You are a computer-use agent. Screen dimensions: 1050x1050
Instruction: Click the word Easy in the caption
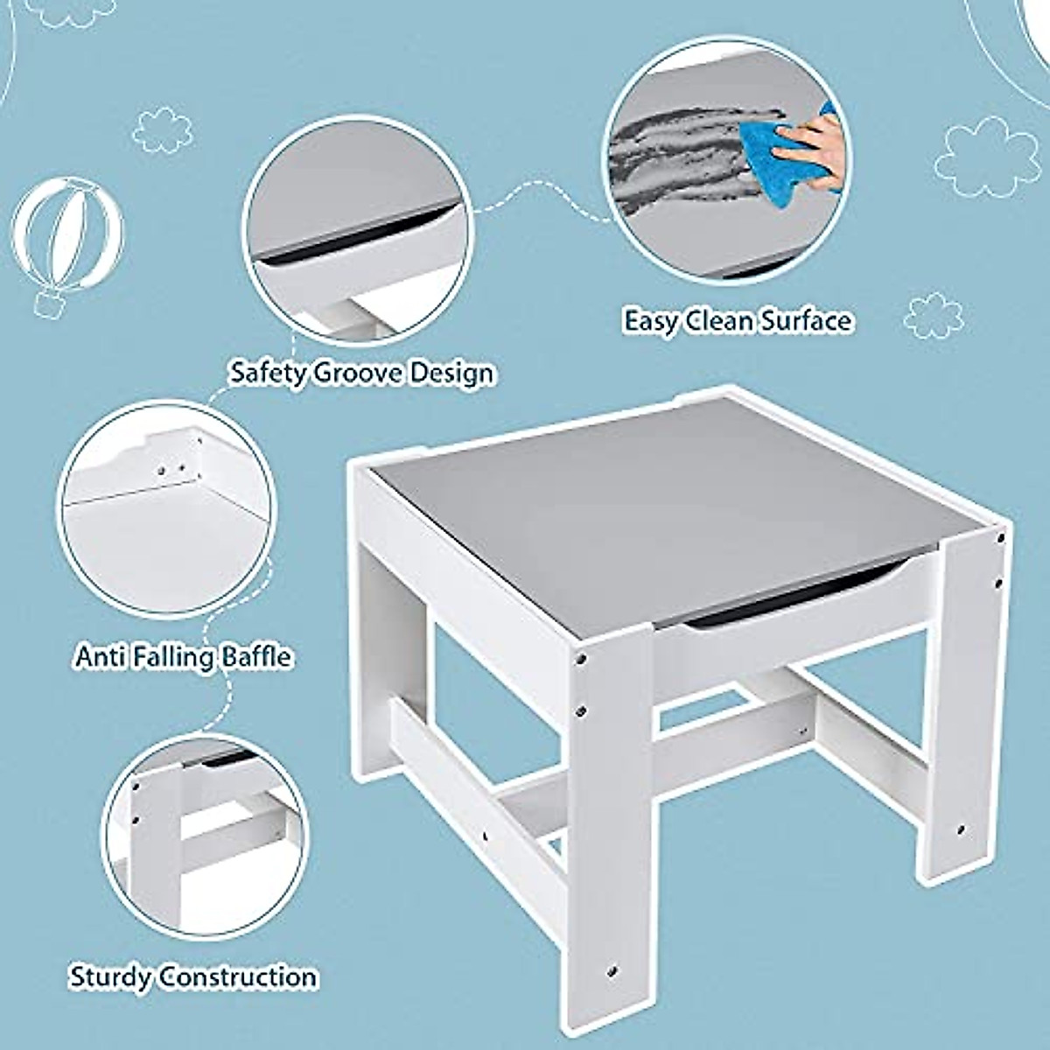point(650,321)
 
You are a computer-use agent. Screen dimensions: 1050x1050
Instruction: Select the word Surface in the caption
point(805,321)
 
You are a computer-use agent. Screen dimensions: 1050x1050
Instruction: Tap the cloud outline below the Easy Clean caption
point(932,316)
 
